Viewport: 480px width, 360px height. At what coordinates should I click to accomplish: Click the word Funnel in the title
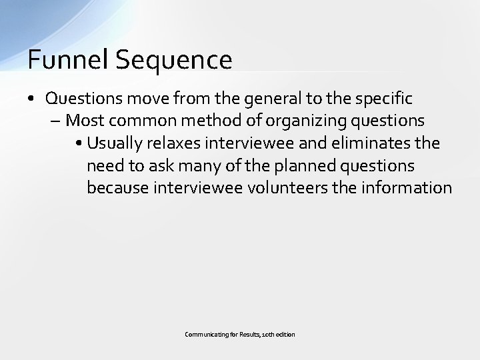point(68,59)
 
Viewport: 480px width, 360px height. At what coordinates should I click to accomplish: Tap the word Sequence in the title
point(173,59)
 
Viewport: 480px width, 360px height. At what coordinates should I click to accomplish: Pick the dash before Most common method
point(55,121)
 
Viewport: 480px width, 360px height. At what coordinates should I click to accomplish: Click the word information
point(408,187)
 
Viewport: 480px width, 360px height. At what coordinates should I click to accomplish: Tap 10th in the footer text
point(267,334)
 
